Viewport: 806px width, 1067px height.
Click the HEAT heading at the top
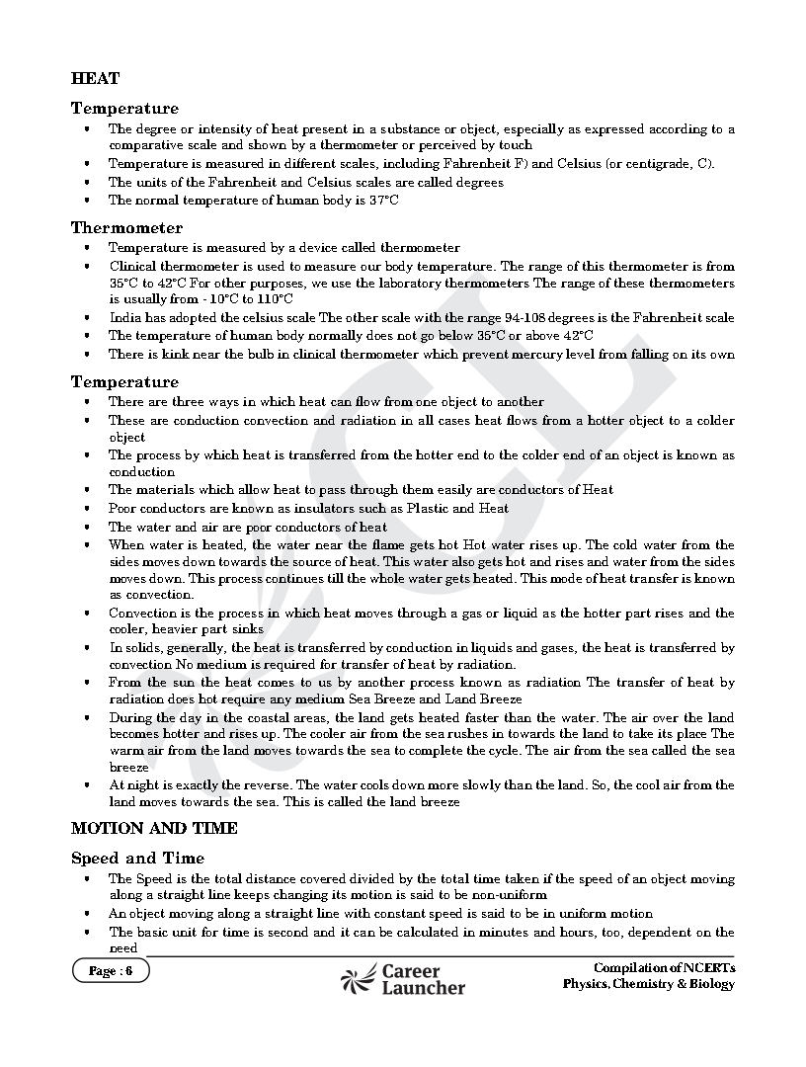click(95, 78)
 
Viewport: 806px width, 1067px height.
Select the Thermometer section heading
click(126, 228)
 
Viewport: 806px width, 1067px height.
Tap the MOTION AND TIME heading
click(154, 828)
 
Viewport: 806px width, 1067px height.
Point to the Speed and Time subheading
click(137, 858)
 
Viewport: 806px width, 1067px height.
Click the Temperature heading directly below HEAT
click(124, 109)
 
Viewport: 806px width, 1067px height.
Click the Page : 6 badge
click(110, 971)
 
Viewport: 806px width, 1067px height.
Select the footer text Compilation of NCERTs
click(664, 967)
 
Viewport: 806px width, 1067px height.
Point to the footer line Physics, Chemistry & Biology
click(649, 984)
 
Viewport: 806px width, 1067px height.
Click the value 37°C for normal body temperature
click(381, 201)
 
